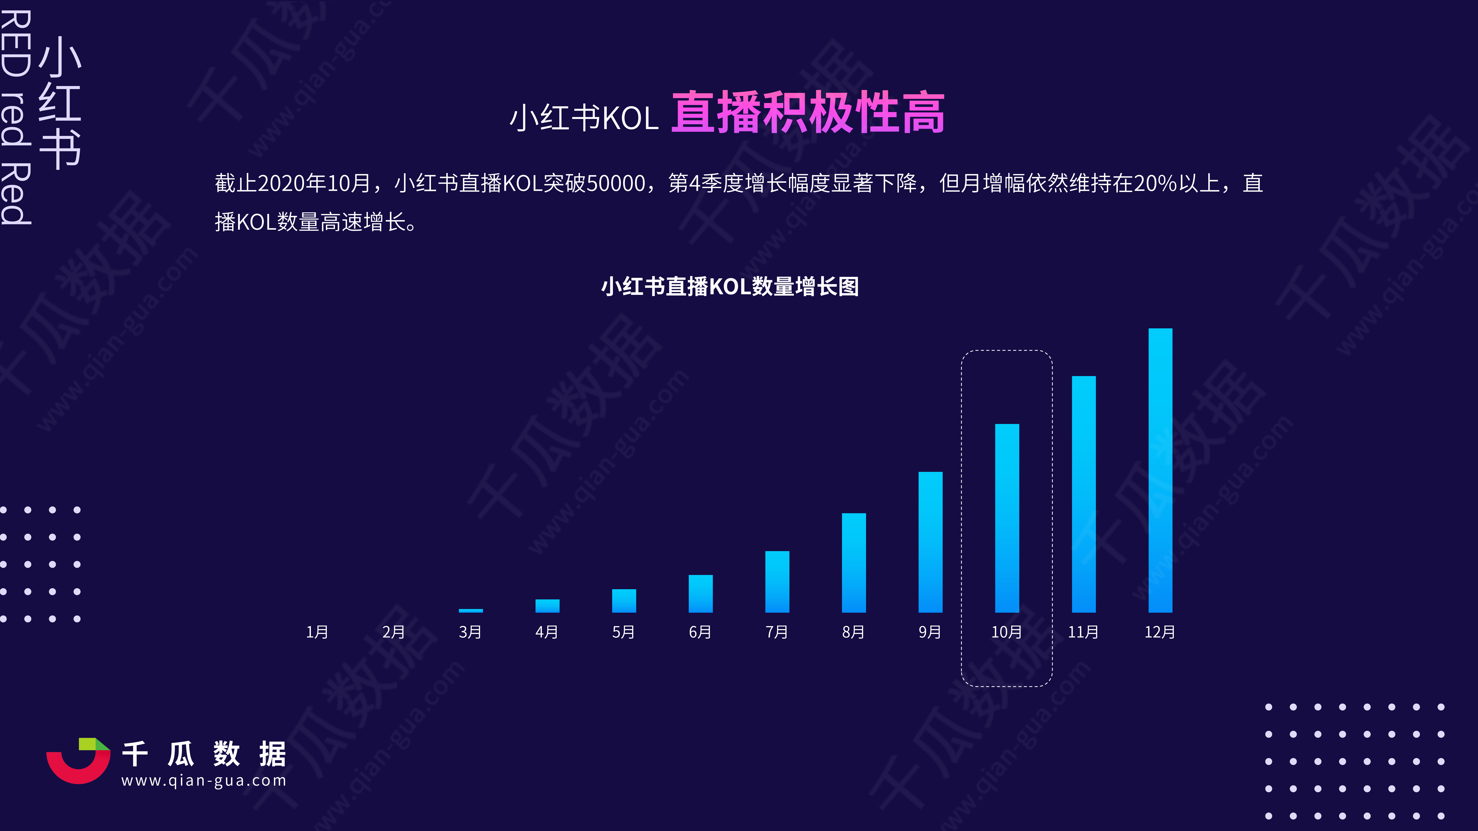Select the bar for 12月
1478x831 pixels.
pyautogui.click(x=1160, y=470)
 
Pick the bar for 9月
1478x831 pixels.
pyautogui.click(x=930, y=542)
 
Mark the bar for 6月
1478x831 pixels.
pyautogui.click(x=701, y=594)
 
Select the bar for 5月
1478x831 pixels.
pyautogui.click(x=624, y=600)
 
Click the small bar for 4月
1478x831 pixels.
pyautogui.click(x=547, y=606)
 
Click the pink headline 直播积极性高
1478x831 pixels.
pyautogui.click(x=808, y=113)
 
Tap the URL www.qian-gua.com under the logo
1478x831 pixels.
pyautogui.click(x=204, y=781)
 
